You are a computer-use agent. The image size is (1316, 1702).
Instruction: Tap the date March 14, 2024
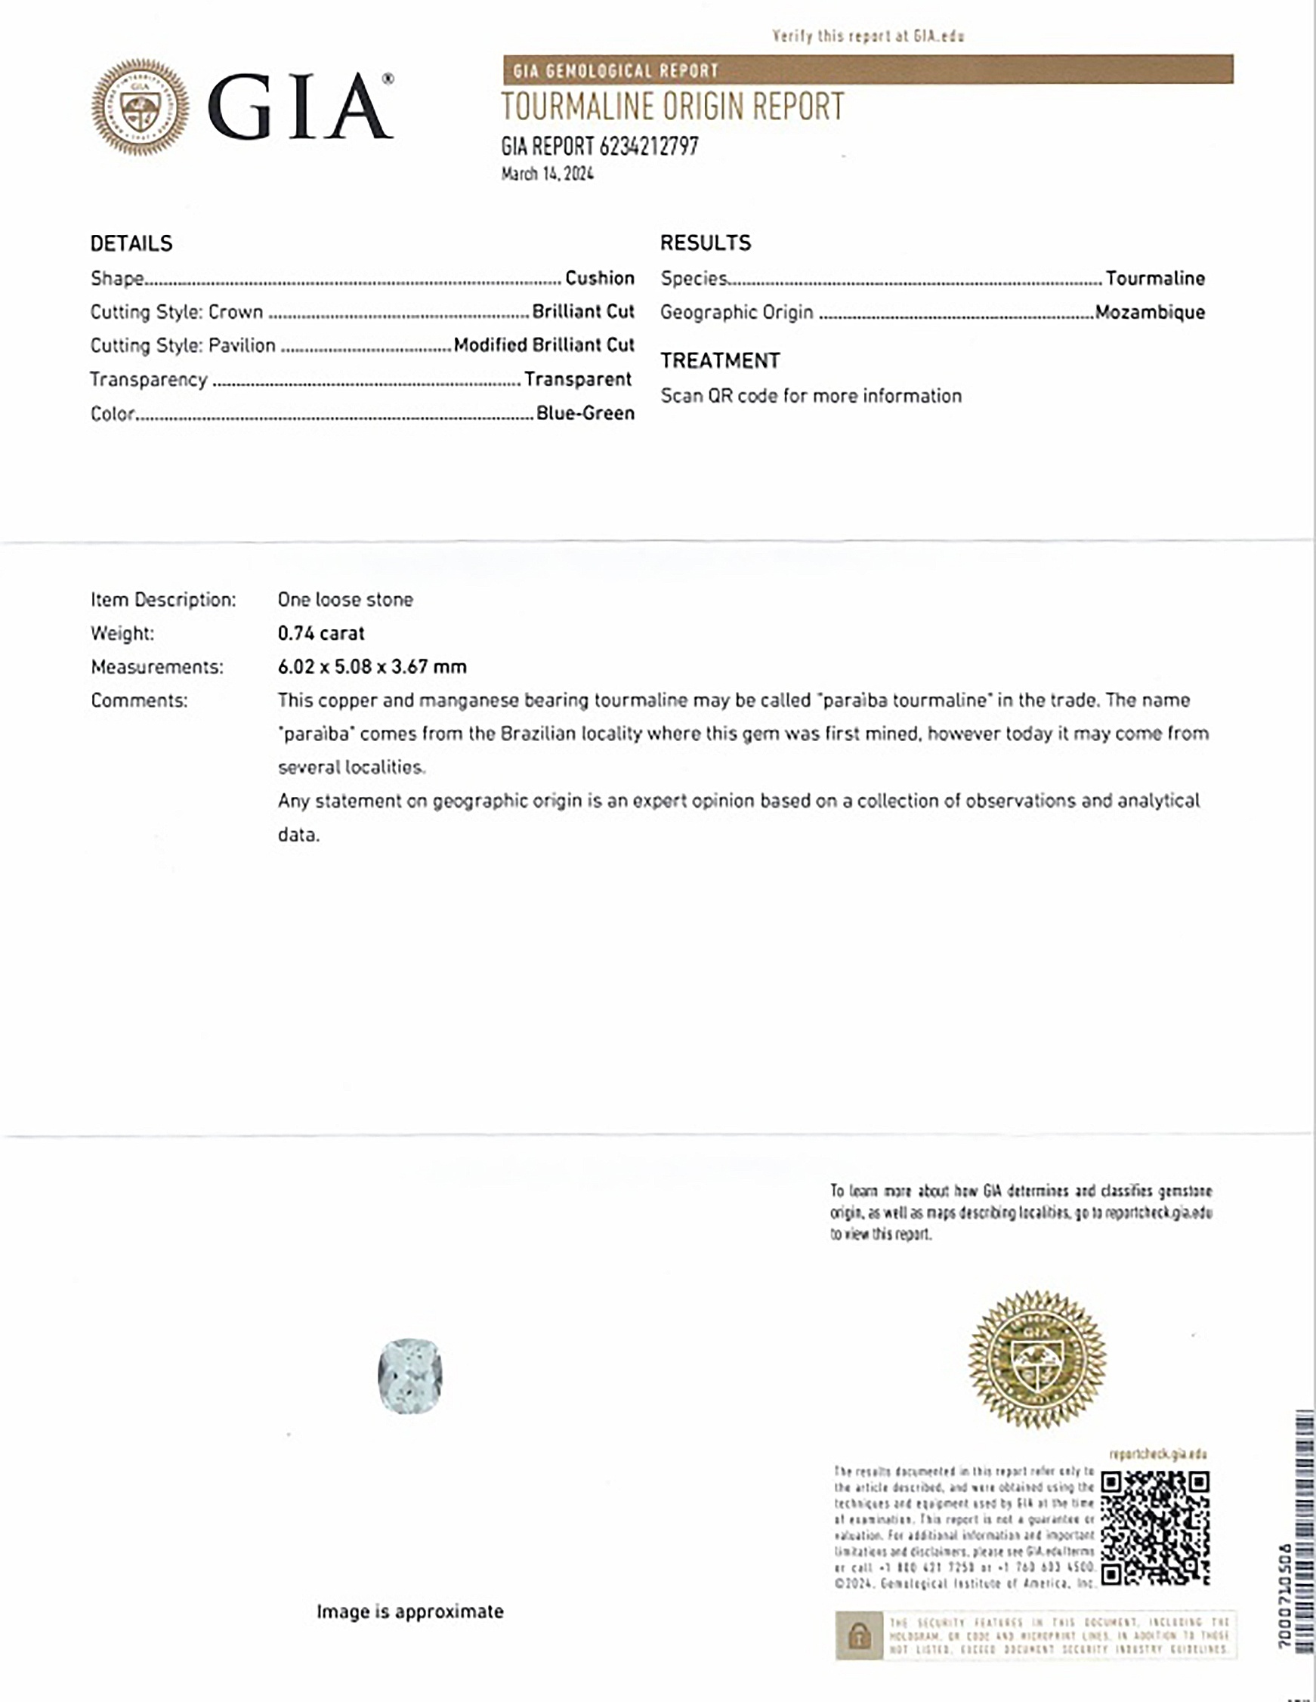click(x=547, y=174)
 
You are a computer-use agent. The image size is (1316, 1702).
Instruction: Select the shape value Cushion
click(x=599, y=278)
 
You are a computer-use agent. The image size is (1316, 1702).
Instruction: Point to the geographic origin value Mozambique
click(x=1149, y=313)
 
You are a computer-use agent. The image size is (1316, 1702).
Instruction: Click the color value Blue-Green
click(x=585, y=413)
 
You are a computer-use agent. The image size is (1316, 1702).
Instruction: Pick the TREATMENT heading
click(x=720, y=361)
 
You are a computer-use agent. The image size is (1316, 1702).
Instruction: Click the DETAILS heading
click(x=131, y=243)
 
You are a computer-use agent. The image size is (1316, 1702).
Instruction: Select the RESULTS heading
click(x=705, y=243)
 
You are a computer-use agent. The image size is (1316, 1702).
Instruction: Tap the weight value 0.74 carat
click(x=321, y=633)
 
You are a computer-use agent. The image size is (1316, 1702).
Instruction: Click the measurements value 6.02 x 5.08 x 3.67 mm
click(x=372, y=667)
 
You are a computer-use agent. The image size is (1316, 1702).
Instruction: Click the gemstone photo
click(x=410, y=1376)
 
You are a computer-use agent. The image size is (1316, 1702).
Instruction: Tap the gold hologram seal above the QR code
click(x=1036, y=1360)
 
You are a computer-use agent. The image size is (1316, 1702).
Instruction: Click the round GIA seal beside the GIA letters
click(x=140, y=107)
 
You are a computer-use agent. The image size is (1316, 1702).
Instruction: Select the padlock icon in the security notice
click(x=859, y=1635)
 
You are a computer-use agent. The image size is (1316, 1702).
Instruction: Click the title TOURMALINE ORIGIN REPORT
click(x=672, y=107)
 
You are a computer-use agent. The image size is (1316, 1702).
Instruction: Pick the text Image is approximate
click(x=410, y=1611)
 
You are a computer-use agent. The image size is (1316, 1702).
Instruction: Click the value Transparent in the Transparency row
click(x=577, y=379)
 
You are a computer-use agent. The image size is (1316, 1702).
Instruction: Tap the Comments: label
click(x=139, y=700)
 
